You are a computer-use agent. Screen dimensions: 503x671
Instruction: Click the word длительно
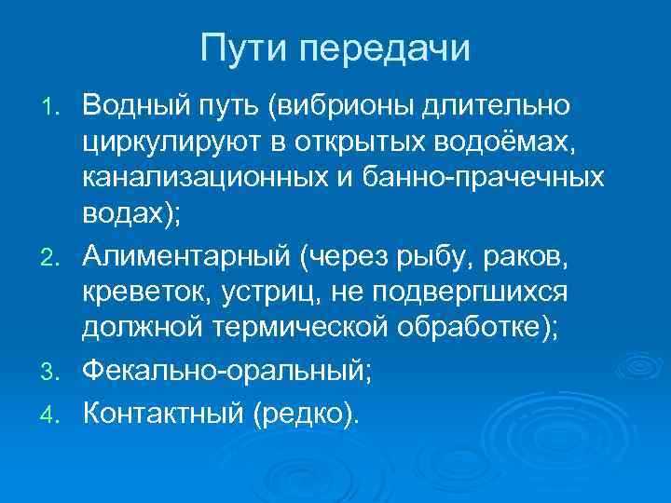click(489, 108)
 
